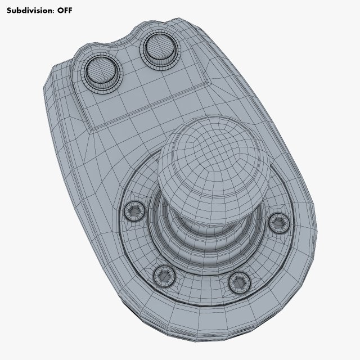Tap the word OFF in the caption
point(65,10)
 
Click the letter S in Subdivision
point(8,10)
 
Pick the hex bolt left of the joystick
point(134,211)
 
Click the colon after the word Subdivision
point(52,11)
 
